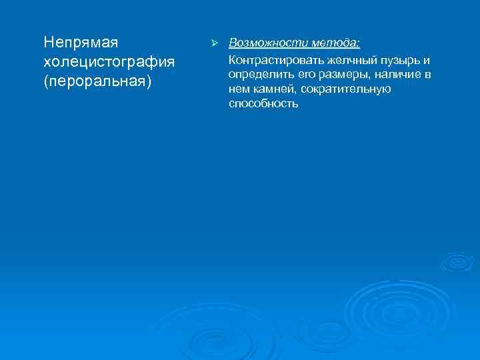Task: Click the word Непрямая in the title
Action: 81,43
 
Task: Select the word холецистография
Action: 109,62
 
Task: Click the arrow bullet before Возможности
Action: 214,43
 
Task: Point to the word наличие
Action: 397,74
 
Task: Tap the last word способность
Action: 263,105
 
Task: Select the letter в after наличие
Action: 427,74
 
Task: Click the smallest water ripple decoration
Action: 457,261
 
